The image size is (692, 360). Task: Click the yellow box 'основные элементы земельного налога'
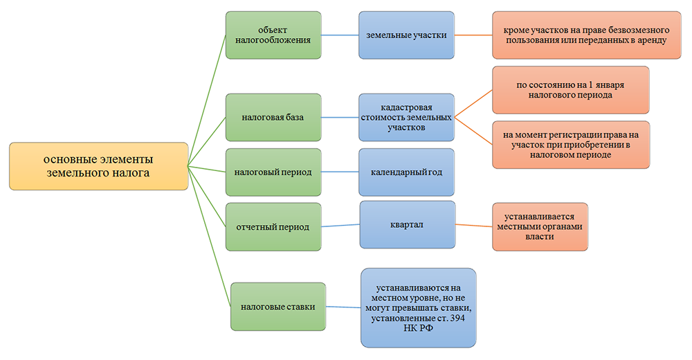[x=98, y=167]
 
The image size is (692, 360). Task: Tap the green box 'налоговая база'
[x=273, y=117]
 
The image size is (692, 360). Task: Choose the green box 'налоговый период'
[x=273, y=171]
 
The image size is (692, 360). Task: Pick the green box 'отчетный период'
[x=273, y=226]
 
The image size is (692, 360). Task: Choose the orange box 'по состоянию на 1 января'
[x=570, y=89]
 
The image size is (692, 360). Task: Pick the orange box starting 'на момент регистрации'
[x=570, y=145]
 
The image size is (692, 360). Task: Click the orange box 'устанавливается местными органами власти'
[x=539, y=226]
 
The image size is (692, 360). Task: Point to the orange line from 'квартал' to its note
[x=473, y=225]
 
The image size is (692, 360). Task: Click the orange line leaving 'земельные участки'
[x=473, y=35]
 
